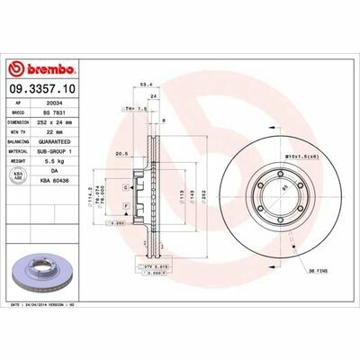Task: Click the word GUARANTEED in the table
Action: click(x=78, y=142)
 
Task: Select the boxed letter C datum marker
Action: click(x=127, y=186)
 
